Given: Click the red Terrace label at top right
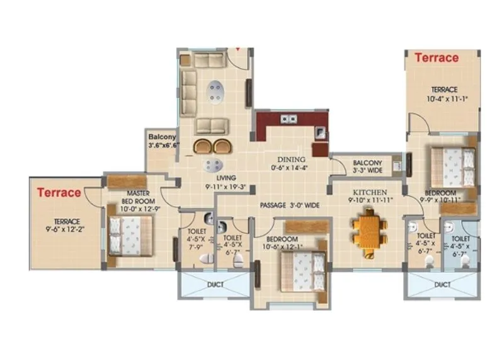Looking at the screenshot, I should [x=436, y=58].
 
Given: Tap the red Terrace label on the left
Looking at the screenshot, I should [x=59, y=192].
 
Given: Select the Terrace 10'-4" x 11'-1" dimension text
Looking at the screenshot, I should [x=444, y=95].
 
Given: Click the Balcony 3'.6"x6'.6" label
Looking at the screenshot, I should [x=163, y=141].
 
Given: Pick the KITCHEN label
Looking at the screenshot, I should [x=370, y=192].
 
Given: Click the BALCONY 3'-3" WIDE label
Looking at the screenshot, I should [x=367, y=166].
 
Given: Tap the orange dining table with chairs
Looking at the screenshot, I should [x=369, y=231].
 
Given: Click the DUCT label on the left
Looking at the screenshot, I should [x=215, y=284].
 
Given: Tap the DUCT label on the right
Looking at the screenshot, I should [x=442, y=285].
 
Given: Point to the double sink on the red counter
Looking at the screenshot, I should [x=290, y=118].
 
